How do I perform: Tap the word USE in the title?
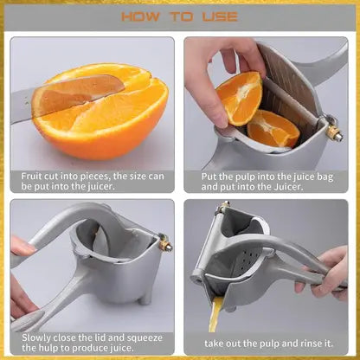click(219, 16)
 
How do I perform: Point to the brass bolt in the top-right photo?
click(333, 133)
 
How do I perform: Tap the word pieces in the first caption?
click(93, 175)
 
